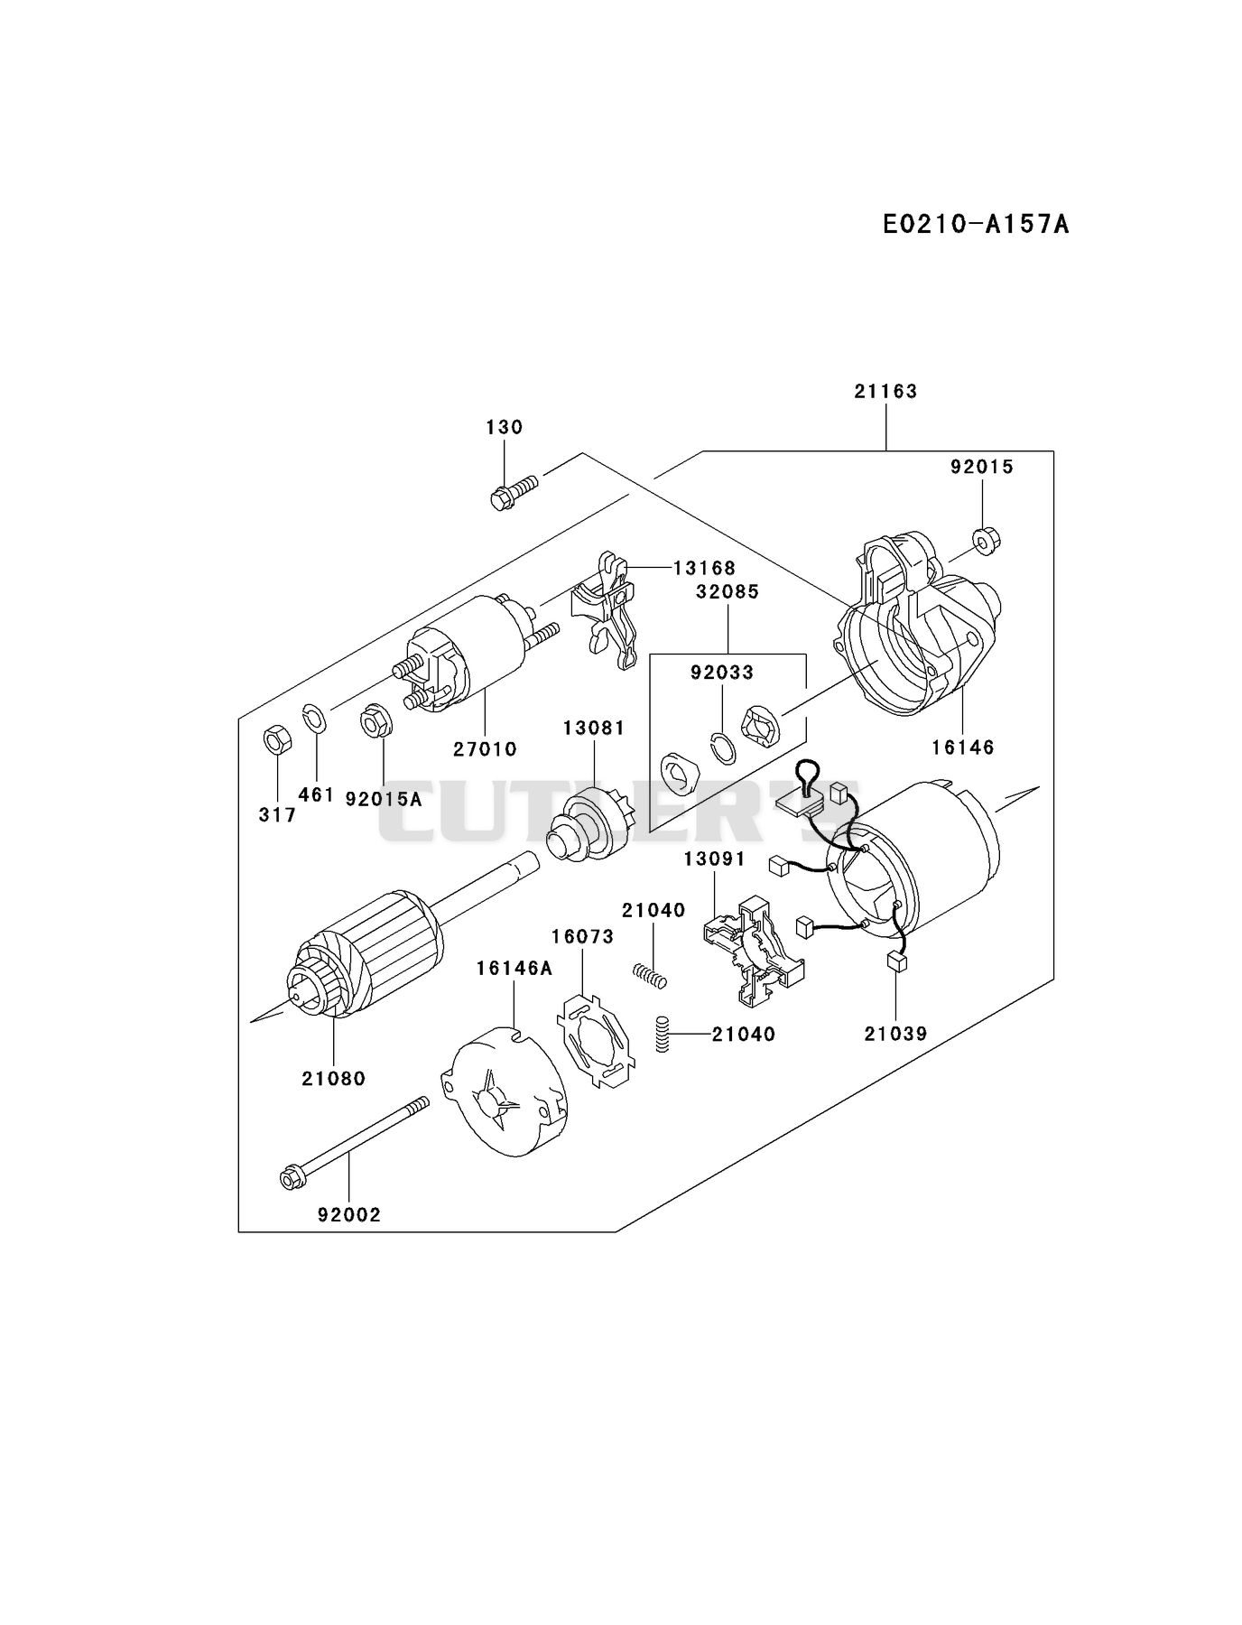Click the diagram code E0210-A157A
click(976, 224)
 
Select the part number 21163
click(885, 391)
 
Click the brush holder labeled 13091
click(752, 950)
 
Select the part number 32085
click(728, 591)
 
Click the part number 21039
click(895, 1034)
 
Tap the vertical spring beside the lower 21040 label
click(663, 1035)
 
